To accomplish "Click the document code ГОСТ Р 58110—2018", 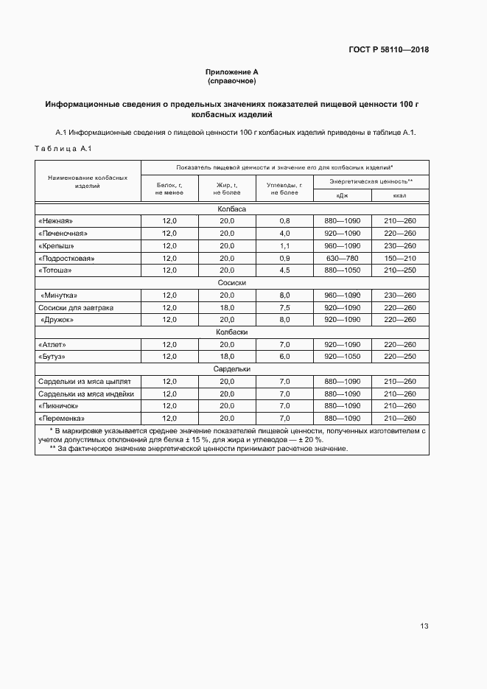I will [x=388, y=50].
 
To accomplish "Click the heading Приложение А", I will [x=231, y=72].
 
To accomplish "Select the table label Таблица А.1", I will [x=63, y=149].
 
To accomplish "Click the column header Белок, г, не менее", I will [x=169, y=189].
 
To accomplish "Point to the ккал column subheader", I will [x=400, y=195].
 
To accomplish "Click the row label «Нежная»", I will [x=55, y=221].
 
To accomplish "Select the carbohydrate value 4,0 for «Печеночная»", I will [x=285, y=234].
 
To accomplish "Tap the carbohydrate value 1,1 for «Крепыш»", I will [x=285, y=246].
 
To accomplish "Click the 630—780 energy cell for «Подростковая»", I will [x=342, y=259].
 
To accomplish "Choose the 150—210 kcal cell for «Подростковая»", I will [x=400, y=259].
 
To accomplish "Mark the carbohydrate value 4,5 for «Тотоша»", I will [x=285, y=270].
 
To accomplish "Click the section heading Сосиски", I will [x=231, y=283].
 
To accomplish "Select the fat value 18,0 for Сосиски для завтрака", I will [x=226, y=307].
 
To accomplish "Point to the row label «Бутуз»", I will [x=52, y=357].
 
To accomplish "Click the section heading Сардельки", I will [x=231, y=369].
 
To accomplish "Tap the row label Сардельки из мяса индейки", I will [x=85, y=394].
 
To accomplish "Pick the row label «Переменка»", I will [x=59, y=419].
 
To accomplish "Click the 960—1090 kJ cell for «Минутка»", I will [x=342, y=295].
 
